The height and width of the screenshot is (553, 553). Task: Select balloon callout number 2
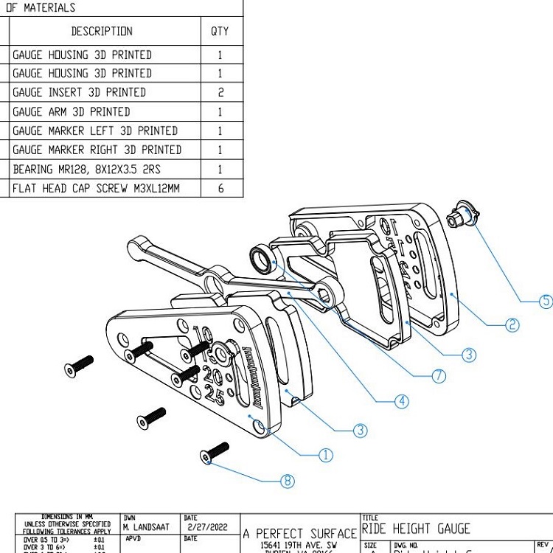[x=512, y=324]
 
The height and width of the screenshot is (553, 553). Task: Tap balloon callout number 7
[x=439, y=376]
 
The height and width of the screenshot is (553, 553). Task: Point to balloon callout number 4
[x=401, y=401]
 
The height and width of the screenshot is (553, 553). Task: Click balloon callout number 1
[x=325, y=455]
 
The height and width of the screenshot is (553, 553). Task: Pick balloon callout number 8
[x=288, y=481]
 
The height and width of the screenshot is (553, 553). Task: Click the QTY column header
[x=220, y=31]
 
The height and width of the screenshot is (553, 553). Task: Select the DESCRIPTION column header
[x=102, y=31]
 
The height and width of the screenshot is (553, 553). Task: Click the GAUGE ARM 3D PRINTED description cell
[x=71, y=111]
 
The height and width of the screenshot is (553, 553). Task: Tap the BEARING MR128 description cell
[x=86, y=169]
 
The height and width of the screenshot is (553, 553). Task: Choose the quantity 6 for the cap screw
[x=220, y=188]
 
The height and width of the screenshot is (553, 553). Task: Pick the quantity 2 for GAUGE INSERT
[x=220, y=93]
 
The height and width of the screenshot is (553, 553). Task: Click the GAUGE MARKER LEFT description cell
[x=95, y=131]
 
